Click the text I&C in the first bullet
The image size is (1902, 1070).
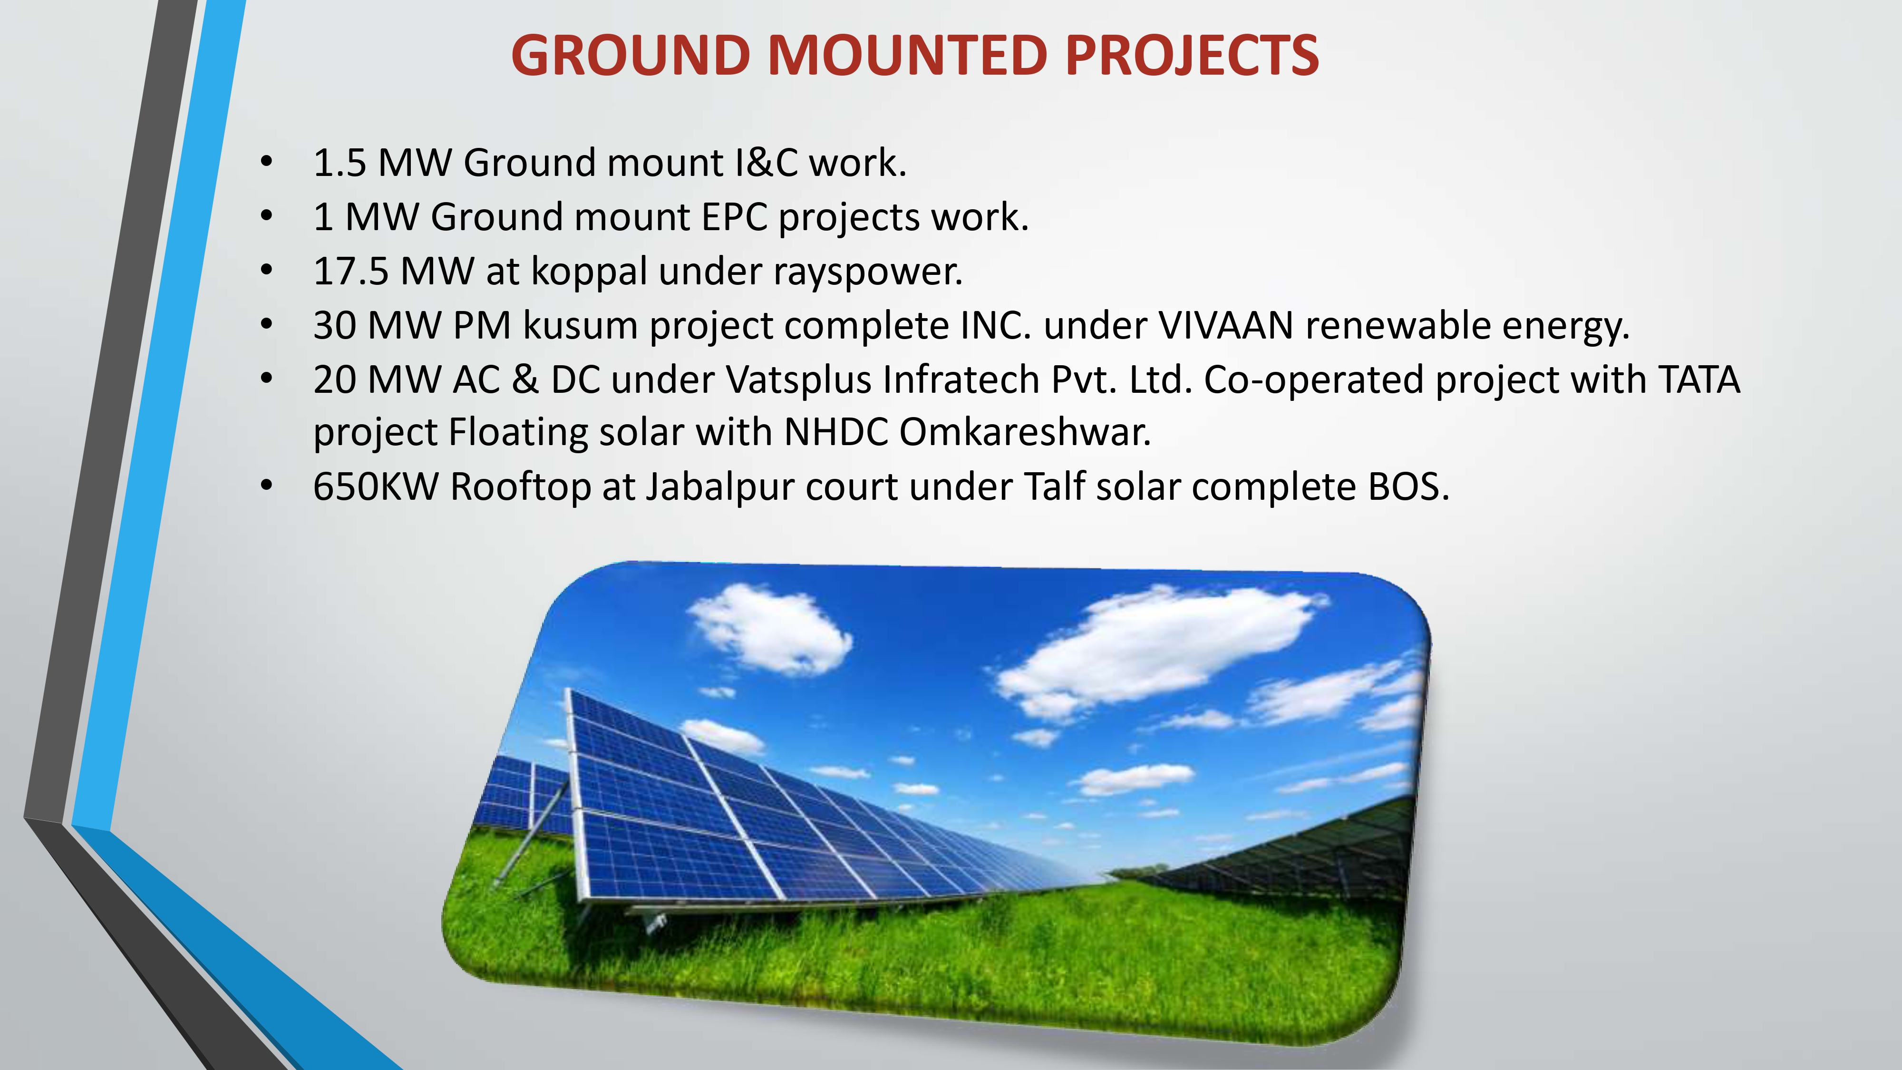pos(766,163)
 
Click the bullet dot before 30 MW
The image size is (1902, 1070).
pos(267,324)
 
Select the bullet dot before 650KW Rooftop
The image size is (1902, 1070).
pos(267,486)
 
